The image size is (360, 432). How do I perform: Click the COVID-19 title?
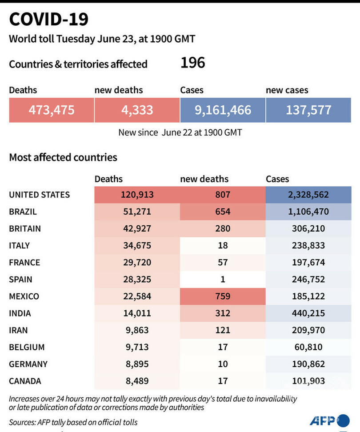[49, 19]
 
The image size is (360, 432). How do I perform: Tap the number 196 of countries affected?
[192, 63]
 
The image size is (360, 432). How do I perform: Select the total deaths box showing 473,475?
[52, 110]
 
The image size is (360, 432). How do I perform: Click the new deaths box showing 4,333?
[137, 110]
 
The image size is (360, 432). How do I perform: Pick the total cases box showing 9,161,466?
[223, 110]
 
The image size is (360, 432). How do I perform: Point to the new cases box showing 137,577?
[308, 110]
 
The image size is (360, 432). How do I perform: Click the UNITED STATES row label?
[40, 195]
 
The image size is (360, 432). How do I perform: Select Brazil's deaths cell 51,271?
[137, 212]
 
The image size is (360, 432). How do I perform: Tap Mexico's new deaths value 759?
[223, 296]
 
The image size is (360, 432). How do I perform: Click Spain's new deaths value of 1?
[223, 280]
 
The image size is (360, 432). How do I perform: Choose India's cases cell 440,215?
[308, 313]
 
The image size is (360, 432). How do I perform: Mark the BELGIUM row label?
[27, 347]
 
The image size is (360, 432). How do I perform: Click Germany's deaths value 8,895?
[137, 364]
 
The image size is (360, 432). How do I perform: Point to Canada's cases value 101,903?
[308, 381]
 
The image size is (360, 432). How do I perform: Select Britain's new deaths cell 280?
[223, 228]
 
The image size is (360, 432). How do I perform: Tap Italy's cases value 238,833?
[308, 245]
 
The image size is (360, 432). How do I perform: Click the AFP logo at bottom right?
[329, 420]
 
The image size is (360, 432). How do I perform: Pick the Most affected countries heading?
[63, 157]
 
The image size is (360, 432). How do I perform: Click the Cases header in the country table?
[277, 179]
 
